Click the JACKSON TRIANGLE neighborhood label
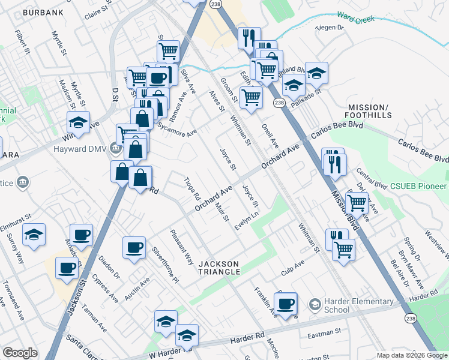[x=220, y=268]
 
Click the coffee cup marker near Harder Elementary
[x=286, y=304]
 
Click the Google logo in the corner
[x=20, y=353]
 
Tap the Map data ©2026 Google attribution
[x=411, y=355]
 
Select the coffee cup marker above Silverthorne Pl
[x=134, y=247]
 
